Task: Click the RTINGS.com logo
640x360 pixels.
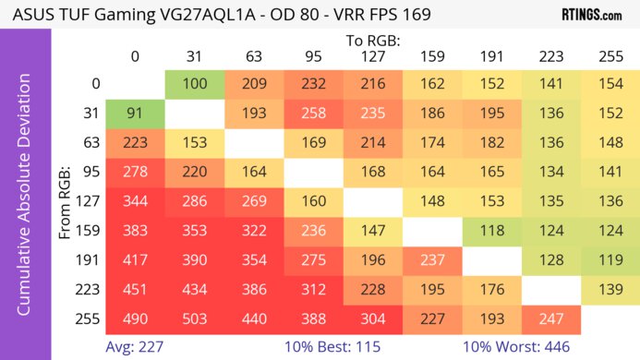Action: click(x=591, y=16)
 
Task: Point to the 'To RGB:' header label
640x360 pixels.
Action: click(x=372, y=41)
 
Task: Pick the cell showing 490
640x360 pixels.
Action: click(x=135, y=318)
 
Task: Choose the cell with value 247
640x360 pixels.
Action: click(x=549, y=318)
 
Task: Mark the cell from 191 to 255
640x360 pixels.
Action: click(x=608, y=259)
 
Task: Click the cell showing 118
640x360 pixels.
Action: click(x=489, y=230)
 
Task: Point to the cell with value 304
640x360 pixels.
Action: click(x=371, y=318)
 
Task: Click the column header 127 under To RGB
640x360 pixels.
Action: click(x=371, y=56)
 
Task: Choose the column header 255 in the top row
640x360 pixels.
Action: click(x=608, y=56)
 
